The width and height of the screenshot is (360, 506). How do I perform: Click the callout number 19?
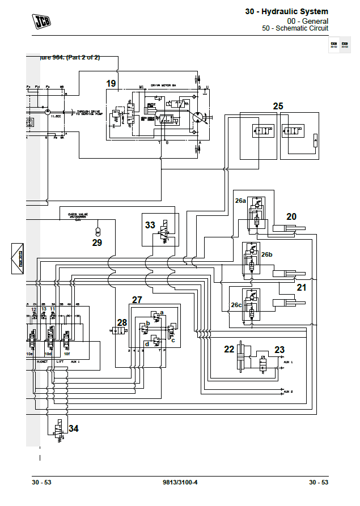(111, 83)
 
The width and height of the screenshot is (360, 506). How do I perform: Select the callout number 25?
(278, 106)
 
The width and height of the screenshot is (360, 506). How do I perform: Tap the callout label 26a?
(240, 200)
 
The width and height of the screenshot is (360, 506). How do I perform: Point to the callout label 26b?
(266, 254)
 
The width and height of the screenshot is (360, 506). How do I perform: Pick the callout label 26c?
(236, 305)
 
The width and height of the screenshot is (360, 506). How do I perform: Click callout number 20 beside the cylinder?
(291, 216)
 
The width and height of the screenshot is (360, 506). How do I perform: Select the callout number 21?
(302, 287)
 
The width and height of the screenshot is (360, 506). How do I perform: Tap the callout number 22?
(229, 349)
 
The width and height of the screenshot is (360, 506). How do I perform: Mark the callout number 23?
(279, 350)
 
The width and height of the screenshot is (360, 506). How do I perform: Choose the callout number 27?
(137, 300)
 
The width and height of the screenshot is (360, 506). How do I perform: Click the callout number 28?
(122, 322)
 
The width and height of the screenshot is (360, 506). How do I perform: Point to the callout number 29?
(97, 243)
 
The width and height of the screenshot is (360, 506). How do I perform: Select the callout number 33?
(150, 225)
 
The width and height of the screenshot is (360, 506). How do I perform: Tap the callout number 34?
(73, 428)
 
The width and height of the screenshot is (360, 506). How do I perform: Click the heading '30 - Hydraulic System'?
(286, 11)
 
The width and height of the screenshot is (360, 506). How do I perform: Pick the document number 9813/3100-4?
(180, 482)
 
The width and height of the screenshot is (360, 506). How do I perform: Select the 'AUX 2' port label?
(288, 392)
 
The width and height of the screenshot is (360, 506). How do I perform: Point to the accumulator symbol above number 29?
(97, 231)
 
